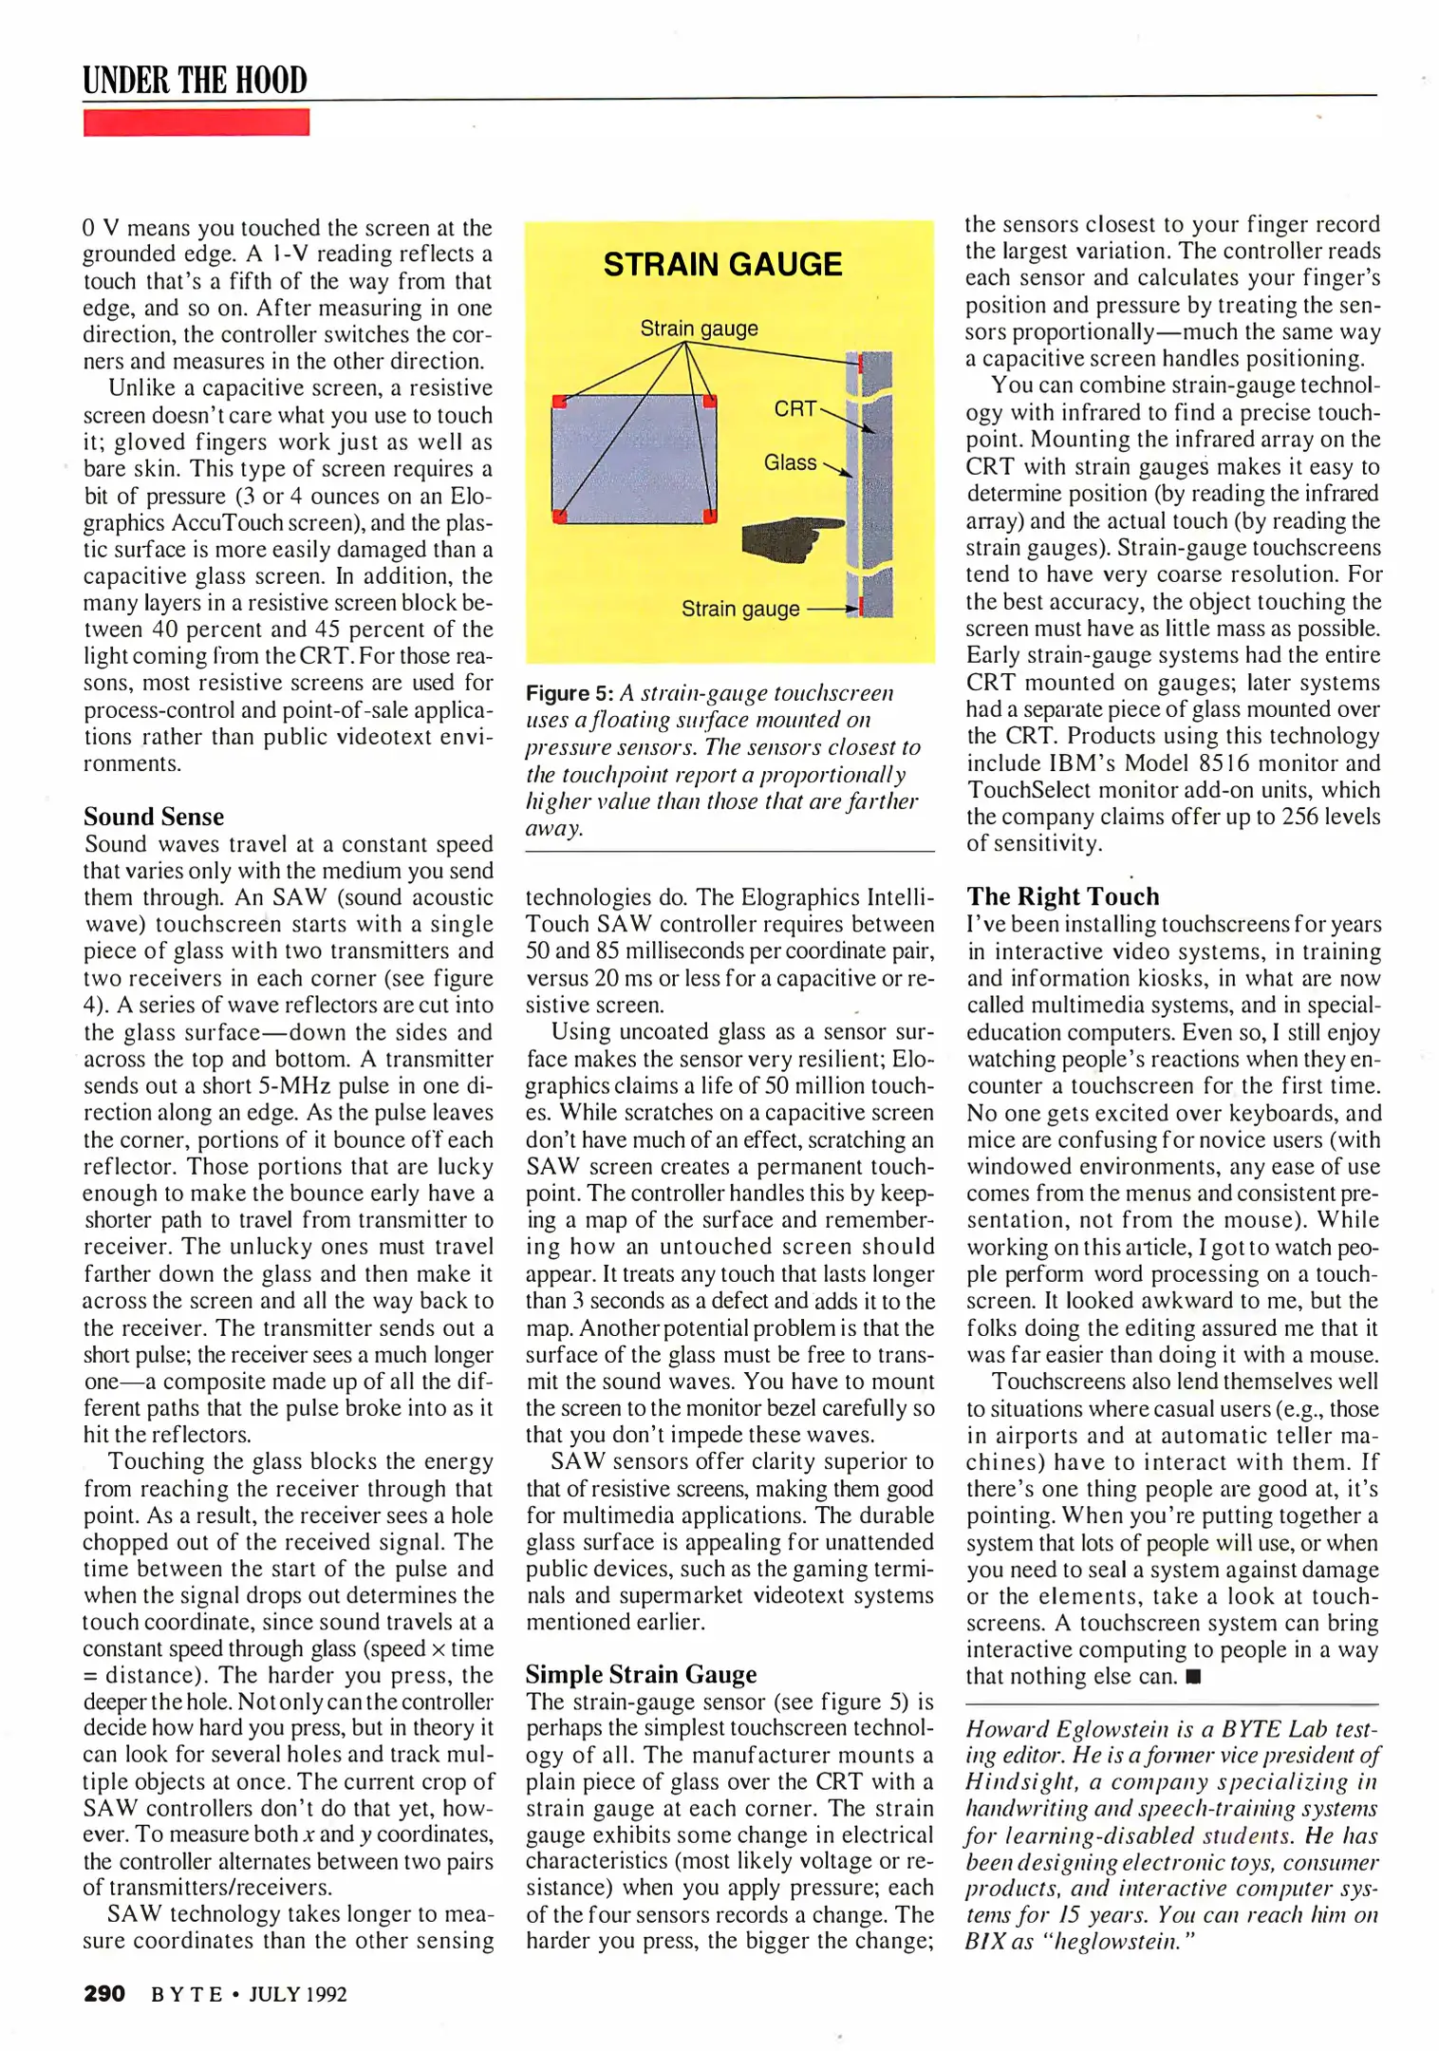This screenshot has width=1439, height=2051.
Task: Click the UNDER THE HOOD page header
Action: click(195, 81)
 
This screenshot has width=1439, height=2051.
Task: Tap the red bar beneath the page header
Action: click(196, 122)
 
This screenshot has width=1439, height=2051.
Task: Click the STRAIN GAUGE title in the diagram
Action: click(722, 264)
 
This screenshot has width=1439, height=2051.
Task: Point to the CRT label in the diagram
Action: click(794, 408)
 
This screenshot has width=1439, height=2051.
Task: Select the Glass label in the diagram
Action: click(790, 462)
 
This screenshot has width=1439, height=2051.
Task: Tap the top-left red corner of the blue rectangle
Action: click(559, 402)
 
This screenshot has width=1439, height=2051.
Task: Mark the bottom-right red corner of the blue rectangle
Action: click(709, 516)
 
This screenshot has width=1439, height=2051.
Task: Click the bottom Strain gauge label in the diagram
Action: click(740, 609)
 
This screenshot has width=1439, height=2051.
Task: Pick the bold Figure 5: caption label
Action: click(570, 693)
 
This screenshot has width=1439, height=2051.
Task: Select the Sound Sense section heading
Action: click(154, 817)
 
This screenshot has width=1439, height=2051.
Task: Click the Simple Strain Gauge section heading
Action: click(642, 1674)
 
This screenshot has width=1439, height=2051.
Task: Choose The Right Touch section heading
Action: click(1063, 896)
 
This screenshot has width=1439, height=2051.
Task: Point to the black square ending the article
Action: click(1193, 1677)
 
